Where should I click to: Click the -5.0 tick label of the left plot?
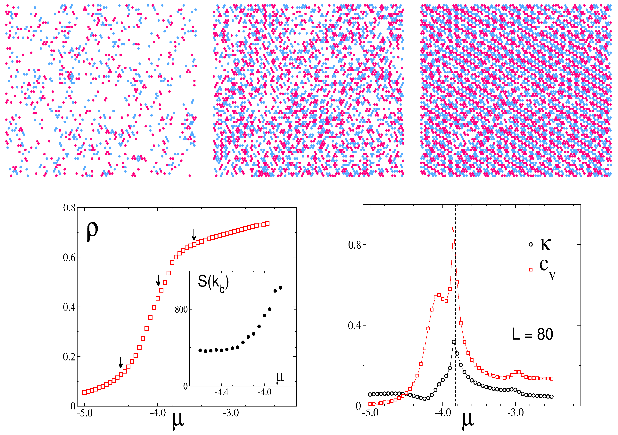[x=85, y=413]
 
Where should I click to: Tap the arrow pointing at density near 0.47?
[x=159, y=280]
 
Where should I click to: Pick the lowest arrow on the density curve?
[x=121, y=362]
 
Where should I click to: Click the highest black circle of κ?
[x=454, y=342]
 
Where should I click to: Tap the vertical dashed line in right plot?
[x=455, y=296]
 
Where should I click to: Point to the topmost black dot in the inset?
[x=280, y=288]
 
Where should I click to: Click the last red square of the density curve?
[x=267, y=224]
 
